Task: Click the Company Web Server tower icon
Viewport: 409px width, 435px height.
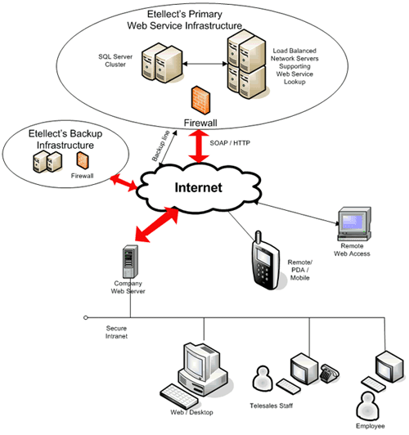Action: coord(125,261)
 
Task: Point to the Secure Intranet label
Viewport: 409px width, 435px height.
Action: coord(115,331)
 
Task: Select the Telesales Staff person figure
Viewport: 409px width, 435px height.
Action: coord(263,379)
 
